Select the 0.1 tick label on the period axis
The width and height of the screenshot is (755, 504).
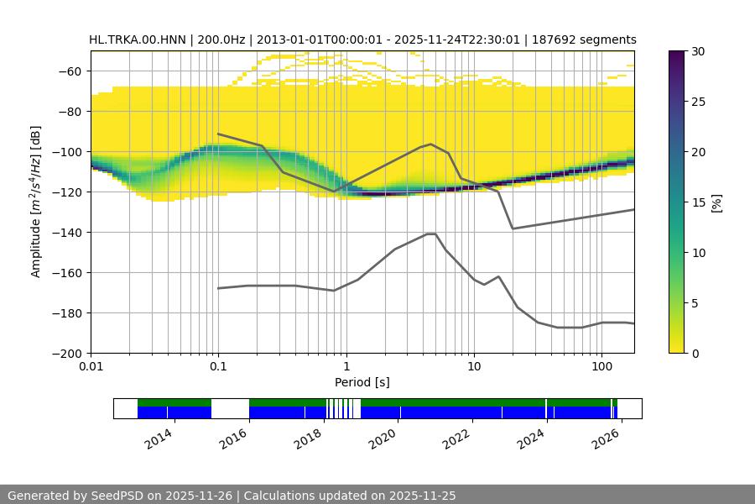point(218,367)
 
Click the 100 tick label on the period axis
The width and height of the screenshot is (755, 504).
point(601,367)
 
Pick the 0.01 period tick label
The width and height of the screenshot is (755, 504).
point(91,367)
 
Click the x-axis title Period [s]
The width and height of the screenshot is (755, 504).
point(362,382)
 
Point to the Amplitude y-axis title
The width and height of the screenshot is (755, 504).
point(35,202)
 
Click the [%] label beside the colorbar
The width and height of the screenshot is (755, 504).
point(716,202)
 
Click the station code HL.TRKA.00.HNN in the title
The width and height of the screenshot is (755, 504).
point(138,39)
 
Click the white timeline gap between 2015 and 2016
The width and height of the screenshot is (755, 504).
point(230,408)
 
